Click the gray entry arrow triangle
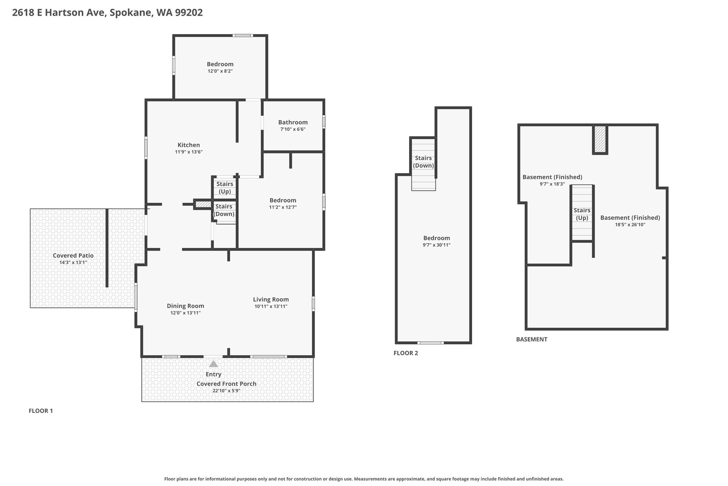point(213,364)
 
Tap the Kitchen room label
point(189,145)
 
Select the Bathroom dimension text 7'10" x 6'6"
point(293,129)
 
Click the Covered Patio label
point(73,255)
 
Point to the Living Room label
point(271,299)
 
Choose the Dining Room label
point(186,306)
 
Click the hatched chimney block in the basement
point(600,139)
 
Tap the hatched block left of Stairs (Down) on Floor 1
point(203,204)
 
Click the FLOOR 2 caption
point(406,353)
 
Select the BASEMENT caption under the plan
point(532,339)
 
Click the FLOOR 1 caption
point(41,411)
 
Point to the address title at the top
point(107,13)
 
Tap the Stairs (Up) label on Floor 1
point(225,188)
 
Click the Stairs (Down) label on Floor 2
point(423,162)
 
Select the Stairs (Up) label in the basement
point(582,214)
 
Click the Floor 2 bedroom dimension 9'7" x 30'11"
point(437,245)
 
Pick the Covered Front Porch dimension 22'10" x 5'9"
point(226,391)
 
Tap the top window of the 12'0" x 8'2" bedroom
point(243,35)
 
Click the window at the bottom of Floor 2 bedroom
point(430,343)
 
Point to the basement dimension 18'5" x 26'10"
point(630,225)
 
